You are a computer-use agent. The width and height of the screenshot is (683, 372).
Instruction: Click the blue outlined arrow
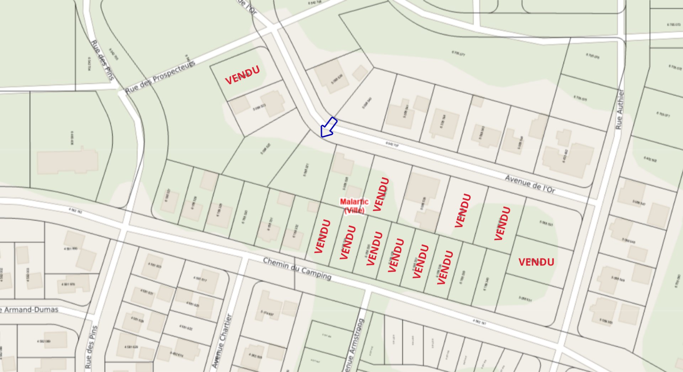(328, 127)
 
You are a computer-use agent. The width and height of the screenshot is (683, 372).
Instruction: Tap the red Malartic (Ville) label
(354, 206)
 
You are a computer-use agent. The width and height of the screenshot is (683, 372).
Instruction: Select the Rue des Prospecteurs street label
(160, 77)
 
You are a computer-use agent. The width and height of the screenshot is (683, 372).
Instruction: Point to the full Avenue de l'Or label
(530, 184)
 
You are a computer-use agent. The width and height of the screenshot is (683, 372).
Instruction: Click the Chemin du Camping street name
(297, 269)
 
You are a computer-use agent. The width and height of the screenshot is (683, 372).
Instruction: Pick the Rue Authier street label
(620, 109)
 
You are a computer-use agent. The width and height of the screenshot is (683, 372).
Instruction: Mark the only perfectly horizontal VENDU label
(536, 262)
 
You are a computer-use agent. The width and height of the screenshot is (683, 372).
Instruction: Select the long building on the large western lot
(68, 162)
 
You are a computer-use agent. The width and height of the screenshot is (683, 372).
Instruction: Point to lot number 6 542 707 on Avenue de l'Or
(392, 145)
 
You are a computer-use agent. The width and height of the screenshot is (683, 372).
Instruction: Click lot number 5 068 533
(546, 223)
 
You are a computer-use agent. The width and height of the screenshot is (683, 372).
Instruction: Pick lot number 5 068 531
(525, 299)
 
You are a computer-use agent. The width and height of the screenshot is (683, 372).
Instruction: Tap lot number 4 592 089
(43, 341)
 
